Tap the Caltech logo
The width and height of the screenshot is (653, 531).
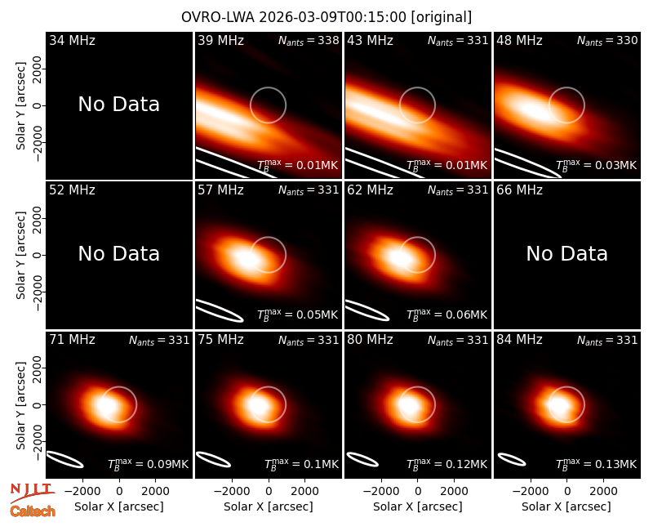[x=33, y=511]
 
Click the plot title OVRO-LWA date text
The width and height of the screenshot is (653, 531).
[x=326, y=17]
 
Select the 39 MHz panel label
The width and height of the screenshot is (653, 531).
[x=220, y=40]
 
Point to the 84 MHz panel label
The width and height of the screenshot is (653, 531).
[x=519, y=340]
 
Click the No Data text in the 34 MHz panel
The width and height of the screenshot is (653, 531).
[x=118, y=104]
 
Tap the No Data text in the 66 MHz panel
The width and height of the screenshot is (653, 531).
[x=566, y=253]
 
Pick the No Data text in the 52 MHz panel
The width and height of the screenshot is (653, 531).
[x=118, y=253]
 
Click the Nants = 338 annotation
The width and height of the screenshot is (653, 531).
[x=309, y=40]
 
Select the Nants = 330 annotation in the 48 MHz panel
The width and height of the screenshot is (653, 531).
[x=607, y=40]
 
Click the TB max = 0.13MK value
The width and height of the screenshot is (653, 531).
[x=597, y=463]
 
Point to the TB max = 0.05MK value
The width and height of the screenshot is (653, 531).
[x=297, y=314]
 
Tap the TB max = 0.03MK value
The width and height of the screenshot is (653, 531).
[x=597, y=165]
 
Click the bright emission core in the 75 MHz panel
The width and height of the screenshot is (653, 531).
[x=258, y=404]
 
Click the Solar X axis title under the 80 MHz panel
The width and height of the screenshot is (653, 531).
[x=417, y=506]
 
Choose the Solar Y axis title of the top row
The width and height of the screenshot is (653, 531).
[x=20, y=106]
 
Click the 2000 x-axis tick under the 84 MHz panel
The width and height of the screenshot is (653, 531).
[x=603, y=491]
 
